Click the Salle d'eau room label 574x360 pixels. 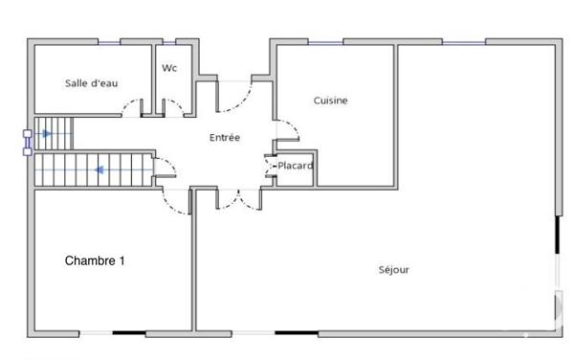click(x=92, y=83)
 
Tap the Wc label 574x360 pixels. click(x=169, y=68)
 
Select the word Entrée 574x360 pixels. click(x=225, y=138)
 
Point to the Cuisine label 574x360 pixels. click(x=330, y=101)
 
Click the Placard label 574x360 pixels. click(x=295, y=166)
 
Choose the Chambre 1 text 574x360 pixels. click(x=95, y=260)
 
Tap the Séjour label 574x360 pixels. click(x=393, y=270)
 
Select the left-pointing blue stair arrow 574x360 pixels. click(x=99, y=171)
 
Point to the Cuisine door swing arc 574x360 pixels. click(x=286, y=129)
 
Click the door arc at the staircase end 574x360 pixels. click(x=166, y=171)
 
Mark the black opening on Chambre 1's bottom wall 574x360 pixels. click(x=129, y=333)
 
